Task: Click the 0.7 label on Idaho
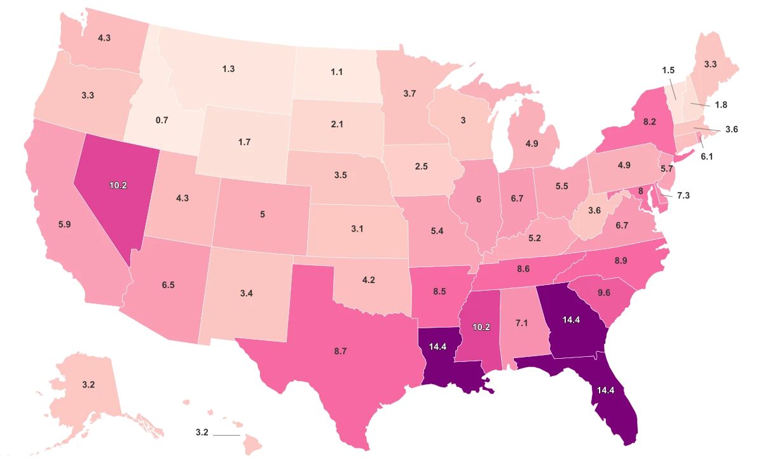[x=162, y=120]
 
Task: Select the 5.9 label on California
[x=64, y=225]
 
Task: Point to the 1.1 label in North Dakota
[x=337, y=72]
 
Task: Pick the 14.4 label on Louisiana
[x=438, y=347]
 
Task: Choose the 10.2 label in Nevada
[x=118, y=186]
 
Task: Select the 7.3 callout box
[x=683, y=197]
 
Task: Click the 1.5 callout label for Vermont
[x=668, y=69]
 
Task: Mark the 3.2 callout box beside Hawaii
[x=202, y=432]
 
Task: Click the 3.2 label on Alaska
[x=88, y=385]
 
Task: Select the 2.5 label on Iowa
[x=421, y=166]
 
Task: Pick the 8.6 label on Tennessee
[x=523, y=269]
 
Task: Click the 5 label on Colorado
[x=263, y=214]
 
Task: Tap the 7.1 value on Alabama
[x=521, y=323]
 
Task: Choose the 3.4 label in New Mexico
[x=247, y=293]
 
